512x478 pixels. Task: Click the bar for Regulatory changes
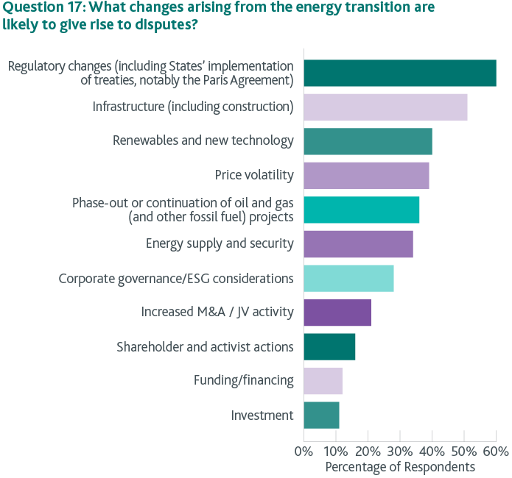(x=399, y=73)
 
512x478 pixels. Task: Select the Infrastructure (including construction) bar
(x=385, y=107)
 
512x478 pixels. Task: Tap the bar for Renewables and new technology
(x=368, y=141)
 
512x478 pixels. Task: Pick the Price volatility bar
(x=366, y=175)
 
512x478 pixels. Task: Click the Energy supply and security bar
(x=358, y=243)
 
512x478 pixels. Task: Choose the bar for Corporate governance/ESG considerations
(x=348, y=279)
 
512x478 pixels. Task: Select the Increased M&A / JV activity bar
(x=337, y=313)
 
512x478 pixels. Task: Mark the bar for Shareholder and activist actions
(x=329, y=346)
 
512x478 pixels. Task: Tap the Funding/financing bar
(x=323, y=381)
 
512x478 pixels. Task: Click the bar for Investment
(x=321, y=415)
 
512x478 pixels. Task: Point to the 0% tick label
(x=304, y=450)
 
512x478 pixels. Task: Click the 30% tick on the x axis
(x=400, y=450)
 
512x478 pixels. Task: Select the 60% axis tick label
(x=497, y=450)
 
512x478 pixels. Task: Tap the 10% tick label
(x=336, y=450)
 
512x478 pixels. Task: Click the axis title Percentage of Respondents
(x=400, y=466)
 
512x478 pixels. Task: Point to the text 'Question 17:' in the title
(x=41, y=8)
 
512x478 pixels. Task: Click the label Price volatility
(x=254, y=175)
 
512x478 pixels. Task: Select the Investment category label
(x=262, y=415)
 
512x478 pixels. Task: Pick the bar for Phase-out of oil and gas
(x=361, y=210)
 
